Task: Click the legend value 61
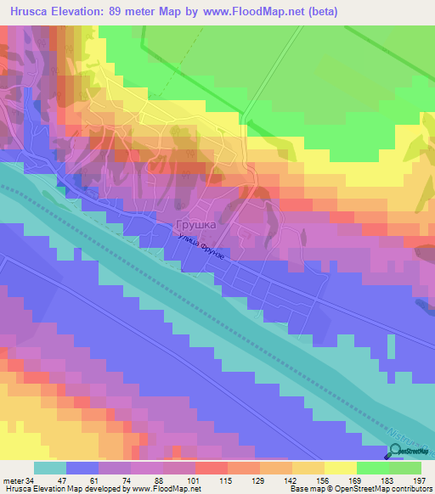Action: (99, 479)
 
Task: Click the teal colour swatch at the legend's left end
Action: (49, 468)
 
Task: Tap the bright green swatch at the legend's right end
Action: (405, 468)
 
